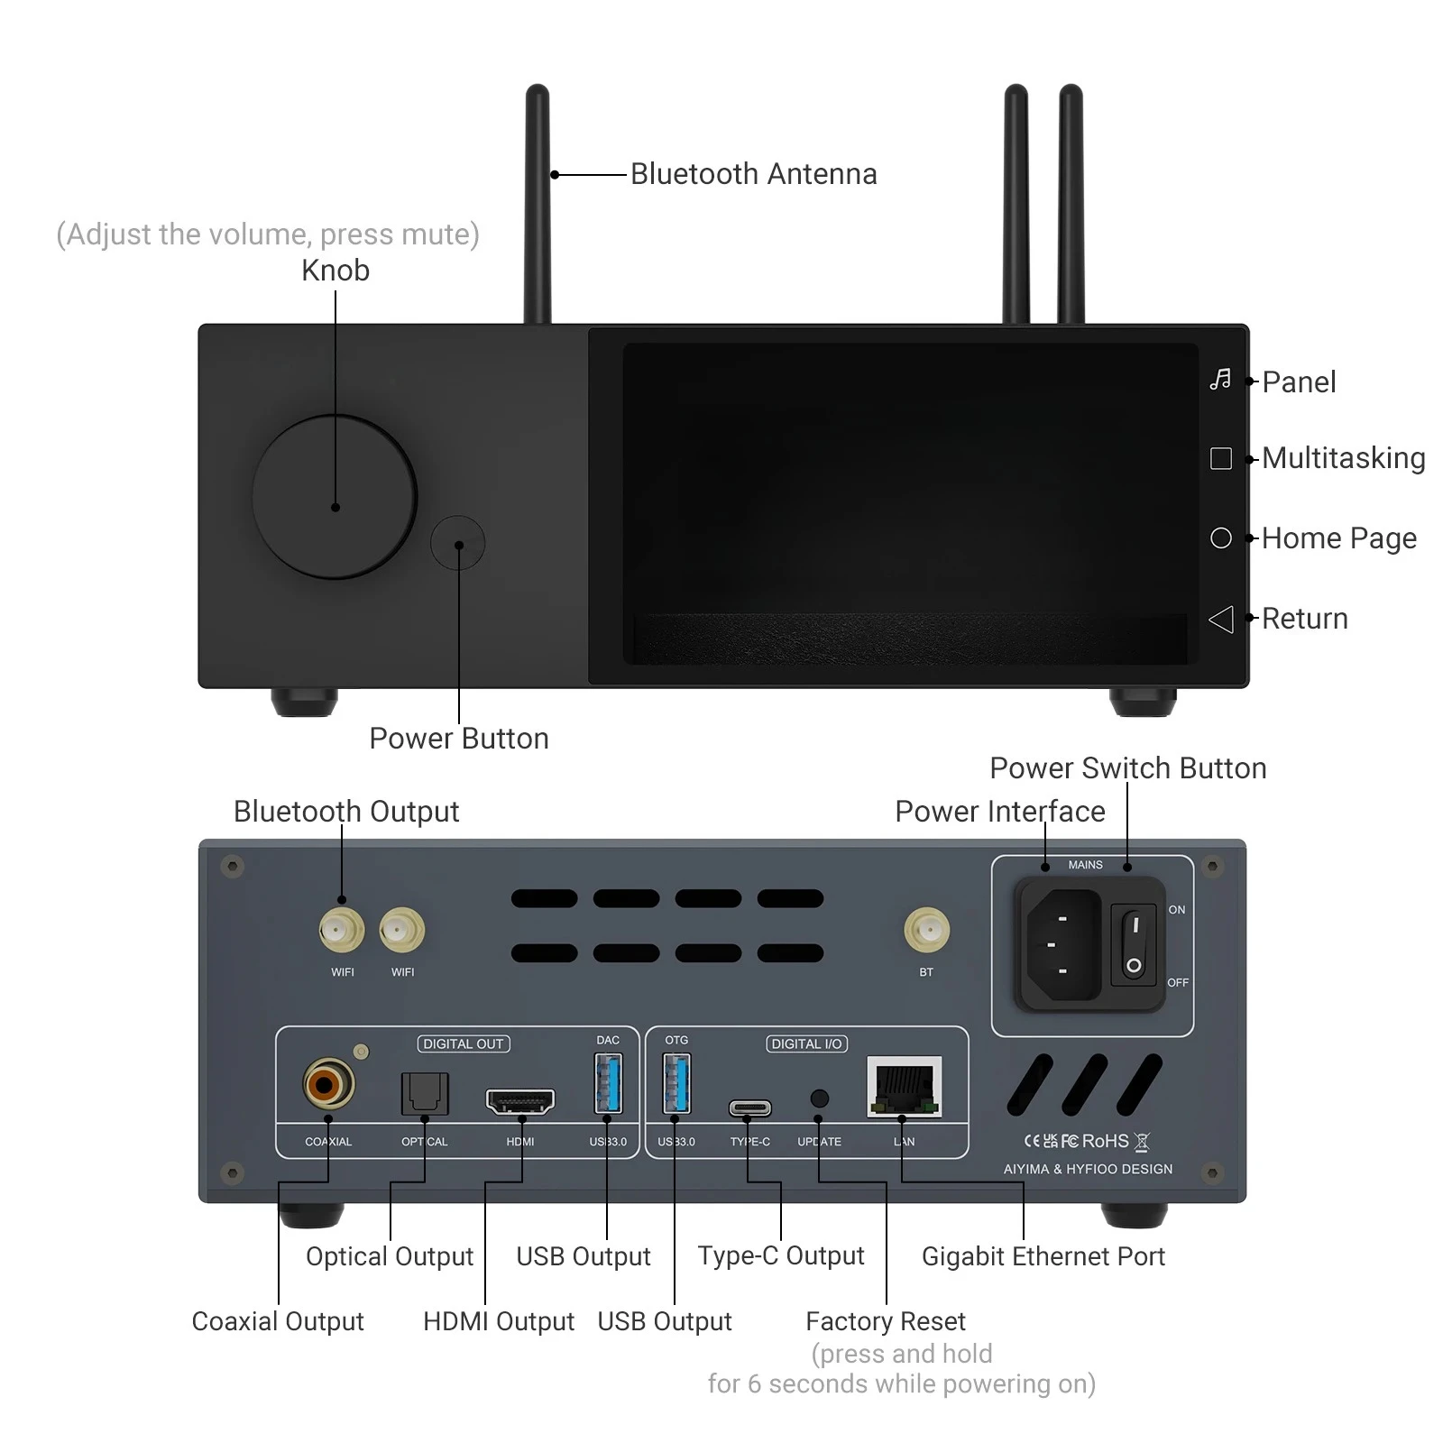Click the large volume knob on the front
tap(334, 497)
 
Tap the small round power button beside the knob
tap(458, 543)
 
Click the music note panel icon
tap(1220, 380)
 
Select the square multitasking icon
tap(1220, 458)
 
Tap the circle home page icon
tap(1220, 538)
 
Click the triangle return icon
tap(1220, 619)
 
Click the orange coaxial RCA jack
tap(327, 1084)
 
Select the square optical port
tap(424, 1093)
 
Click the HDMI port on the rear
tap(520, 1100)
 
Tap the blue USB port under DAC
tap(608, 1083)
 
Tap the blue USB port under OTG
tap(676, 1083)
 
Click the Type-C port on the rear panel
tap(749, 1108)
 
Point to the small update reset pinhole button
tap(819, 1098)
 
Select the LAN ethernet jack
tap(904, 1087)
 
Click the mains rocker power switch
tap(1134, 944)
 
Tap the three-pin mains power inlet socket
tap(1062, 944)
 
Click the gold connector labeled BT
tap(926, 930)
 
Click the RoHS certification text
tap(1105, 1141)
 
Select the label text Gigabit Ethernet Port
tap(1043, 1256)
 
